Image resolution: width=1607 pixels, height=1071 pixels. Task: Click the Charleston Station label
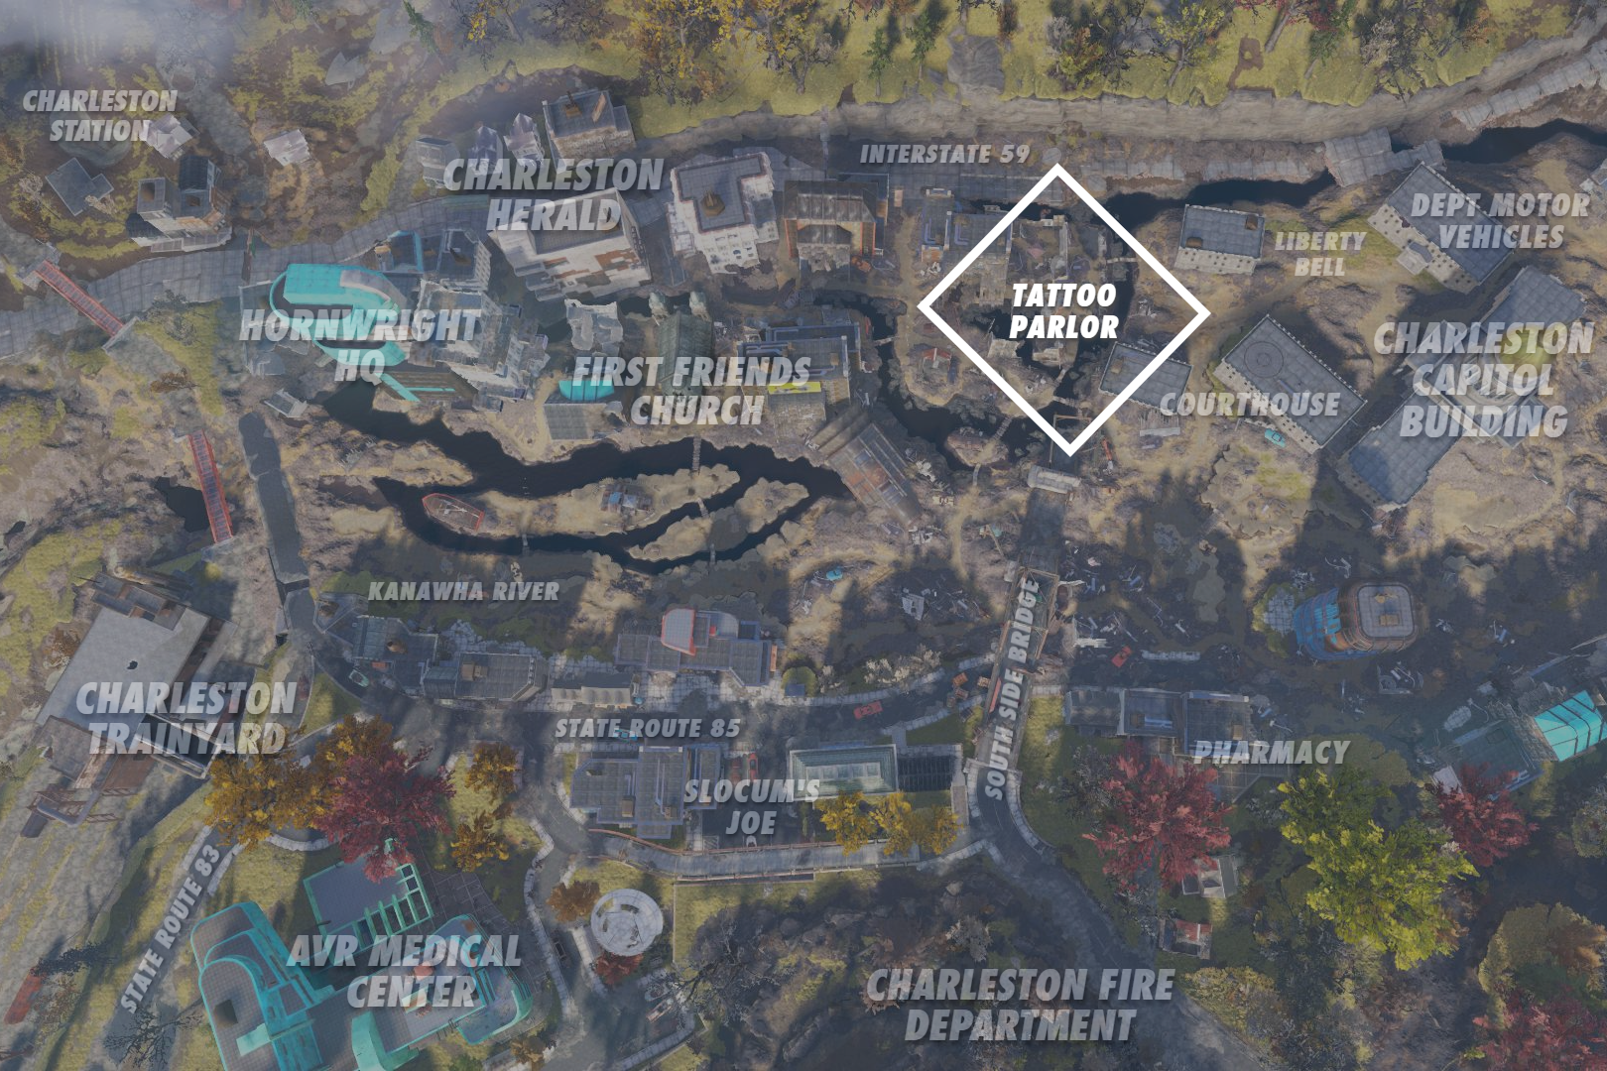pyautogui.click(x=99, y=115)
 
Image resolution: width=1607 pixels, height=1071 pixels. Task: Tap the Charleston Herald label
pyautogui.click(x=554, y=194)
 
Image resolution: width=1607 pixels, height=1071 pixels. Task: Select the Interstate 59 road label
pyautogui.click(x=944, y=154)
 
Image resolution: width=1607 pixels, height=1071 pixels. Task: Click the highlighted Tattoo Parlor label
pyautogui.click(x=1063, y=310)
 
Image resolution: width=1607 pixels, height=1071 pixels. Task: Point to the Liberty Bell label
pyautogui.click(x=1319, y=254)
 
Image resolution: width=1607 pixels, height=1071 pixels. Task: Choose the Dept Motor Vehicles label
pyautogui.click(x=1500, y=221)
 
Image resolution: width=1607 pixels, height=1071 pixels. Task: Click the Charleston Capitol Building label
pyautogui.click(x=1484, y=380)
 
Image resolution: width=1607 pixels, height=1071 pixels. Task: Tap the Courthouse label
pyautogui.click(x=1249, y=405)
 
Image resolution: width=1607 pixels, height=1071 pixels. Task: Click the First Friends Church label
pyautogui.click(x=692, y=390)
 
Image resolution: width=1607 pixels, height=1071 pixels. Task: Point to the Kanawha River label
pyautogui.click(x=463, y=591)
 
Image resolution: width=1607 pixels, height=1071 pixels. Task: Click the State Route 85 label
pyautogui.click(x=647, y=728)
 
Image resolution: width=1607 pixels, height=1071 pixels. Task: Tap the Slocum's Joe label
pyautogui.click(x=751, y=806)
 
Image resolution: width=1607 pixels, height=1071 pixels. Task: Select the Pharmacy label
pyautogui.click(x=1271, y=752)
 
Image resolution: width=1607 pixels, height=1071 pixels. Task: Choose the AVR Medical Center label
pyautogui.click(x=405, y=971)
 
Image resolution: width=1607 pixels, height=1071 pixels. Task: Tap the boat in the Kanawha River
pyautogui.click(x=453, y=511)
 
